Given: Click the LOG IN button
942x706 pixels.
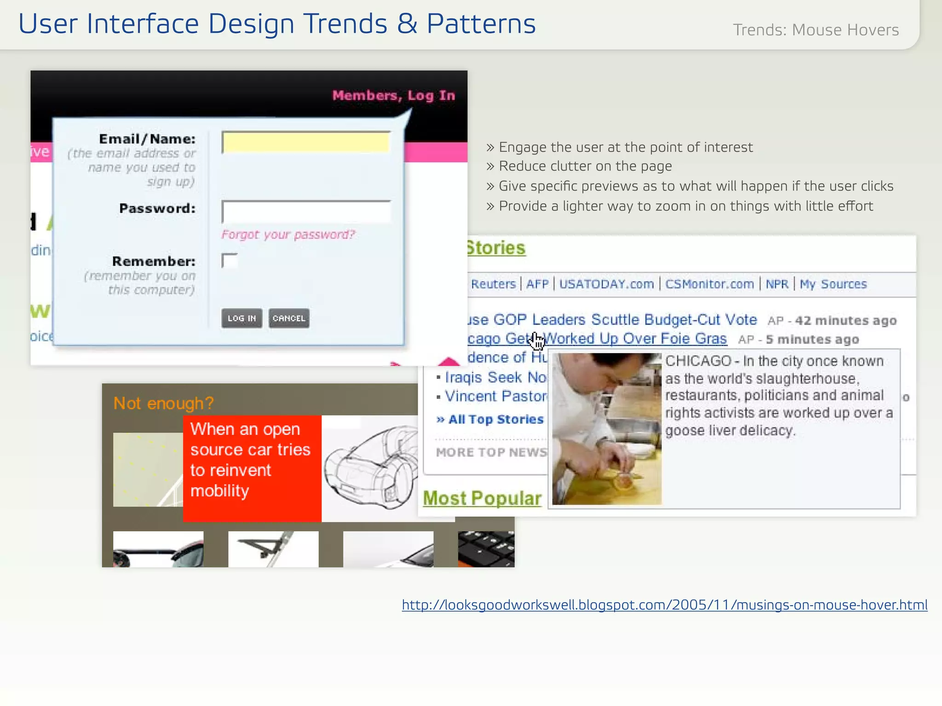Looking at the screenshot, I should pyautogui.click(x=241, y=318).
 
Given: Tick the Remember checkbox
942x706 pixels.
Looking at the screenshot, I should pyautogui.click(x=229, y=261).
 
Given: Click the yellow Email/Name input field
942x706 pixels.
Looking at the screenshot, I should pyautogui.click(x=306, y=142).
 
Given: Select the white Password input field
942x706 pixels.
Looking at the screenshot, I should pyautogui.click(x=306, y=211).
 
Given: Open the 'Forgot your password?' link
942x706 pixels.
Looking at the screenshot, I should pyautogui.click(x=288, y=235).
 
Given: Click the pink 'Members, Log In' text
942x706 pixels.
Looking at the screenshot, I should pyautogui.click(x=394, y=96).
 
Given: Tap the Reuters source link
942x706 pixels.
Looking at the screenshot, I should pyautogui.click(x=493, y=284).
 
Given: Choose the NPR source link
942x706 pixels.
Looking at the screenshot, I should pyautogui.click(x=777, y=284).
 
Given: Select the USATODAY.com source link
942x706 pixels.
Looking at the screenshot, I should pyautogui.click(x=606, y=284).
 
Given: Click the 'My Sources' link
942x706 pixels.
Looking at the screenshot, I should pyautogui.click(x=833, y=284).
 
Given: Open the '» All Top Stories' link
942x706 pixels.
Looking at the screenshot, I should pyautogui.click(x=490, y=419).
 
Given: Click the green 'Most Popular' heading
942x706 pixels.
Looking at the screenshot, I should pyautogui.click(x=482, y=498).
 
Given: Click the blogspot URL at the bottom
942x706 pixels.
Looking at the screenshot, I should pyautogui.click(x=665, y=605).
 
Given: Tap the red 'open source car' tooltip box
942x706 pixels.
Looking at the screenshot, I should pyautogui.click(x=252, y=468).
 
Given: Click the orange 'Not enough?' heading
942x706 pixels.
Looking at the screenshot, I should pyautogui.click(x=164, y=403).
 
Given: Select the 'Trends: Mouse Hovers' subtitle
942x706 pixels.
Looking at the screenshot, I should pyautogui.click(x=816, y=30).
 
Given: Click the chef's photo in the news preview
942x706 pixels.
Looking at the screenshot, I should pyautogui.click(x=607, y=429).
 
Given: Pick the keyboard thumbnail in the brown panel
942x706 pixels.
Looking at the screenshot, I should pyautogui.click(x=486, y=549).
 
